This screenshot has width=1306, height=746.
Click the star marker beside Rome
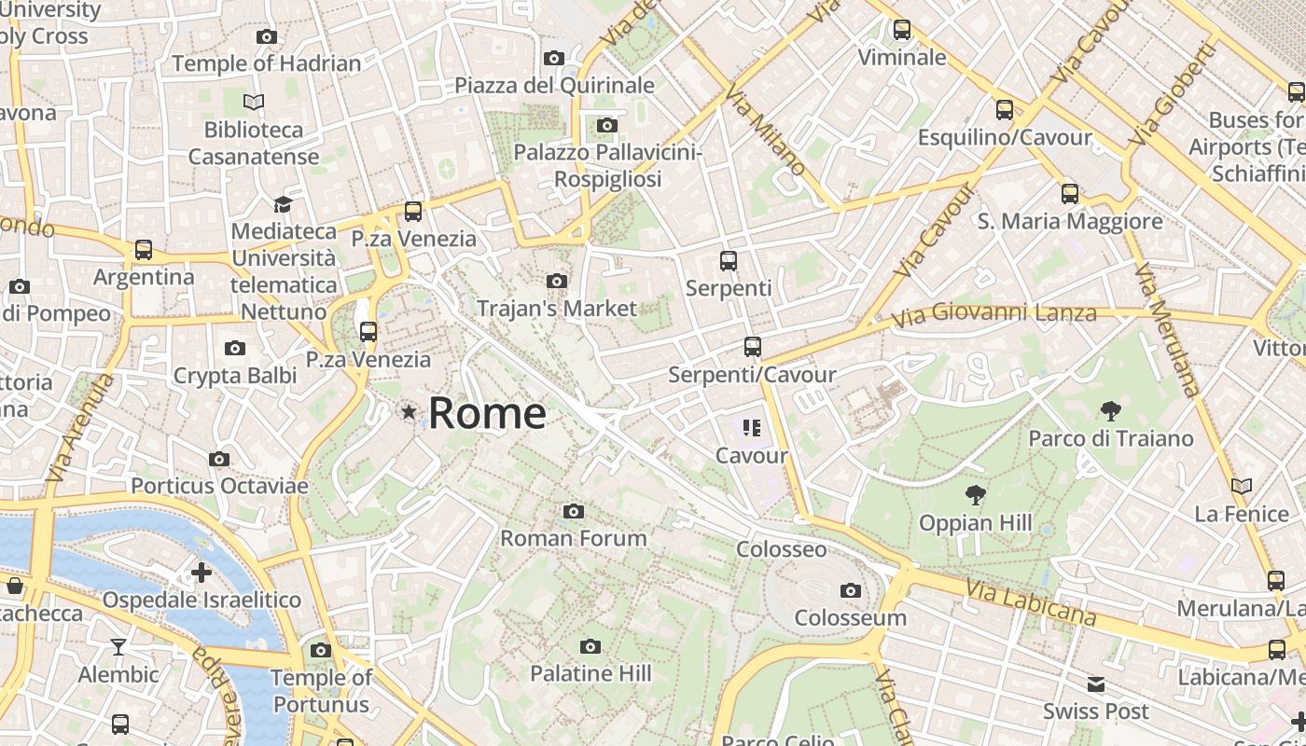click(x=408, y=411)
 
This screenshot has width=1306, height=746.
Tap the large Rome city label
click(x=487, y=412)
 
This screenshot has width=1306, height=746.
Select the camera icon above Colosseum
click(x=850, y=590)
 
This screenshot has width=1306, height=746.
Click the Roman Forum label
click(x=574, y=538)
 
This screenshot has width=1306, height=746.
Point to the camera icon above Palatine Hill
click(x=590, y=646)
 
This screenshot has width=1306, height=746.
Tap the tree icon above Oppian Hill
click(x=976, y=494)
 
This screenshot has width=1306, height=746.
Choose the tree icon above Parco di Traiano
click(x=1110, y=410)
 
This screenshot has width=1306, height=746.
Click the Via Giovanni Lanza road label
click(x=993, y=314)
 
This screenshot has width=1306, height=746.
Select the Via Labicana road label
click(x=1031, y=602)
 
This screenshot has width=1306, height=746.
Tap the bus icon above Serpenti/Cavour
click(x=752, y=347)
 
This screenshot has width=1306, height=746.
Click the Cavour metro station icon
click(x=752, y=428)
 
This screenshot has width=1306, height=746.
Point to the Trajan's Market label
click(x=557, y=308)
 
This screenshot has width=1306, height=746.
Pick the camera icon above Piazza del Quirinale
click(x=553, y=59)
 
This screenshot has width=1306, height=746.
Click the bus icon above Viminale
click(x=901, y=30)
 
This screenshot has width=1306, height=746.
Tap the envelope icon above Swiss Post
click(x=1095, y=684)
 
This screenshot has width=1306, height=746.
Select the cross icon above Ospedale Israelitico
click(x=201, y=572)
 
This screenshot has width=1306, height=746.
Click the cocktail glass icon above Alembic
click(x=118, y=646)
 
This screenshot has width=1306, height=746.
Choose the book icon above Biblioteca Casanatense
click(x=254, y=102)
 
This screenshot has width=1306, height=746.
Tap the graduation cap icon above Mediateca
click(x=283, y=203)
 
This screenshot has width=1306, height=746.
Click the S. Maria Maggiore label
click(x=1069, y=221)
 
